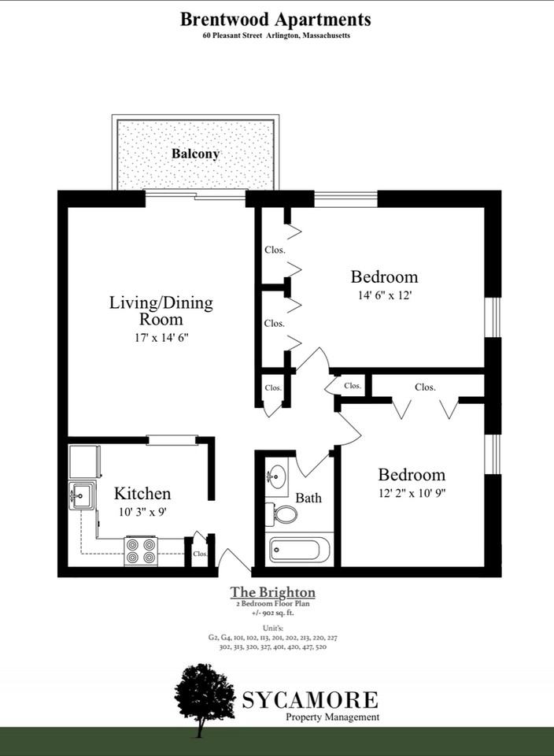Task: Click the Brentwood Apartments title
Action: point(275,18)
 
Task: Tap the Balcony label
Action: point(195,154)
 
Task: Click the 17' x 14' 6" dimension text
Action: point(161,337)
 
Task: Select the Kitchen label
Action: point(142,494)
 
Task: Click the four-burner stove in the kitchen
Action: point(141,550)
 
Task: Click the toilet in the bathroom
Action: point(284,515)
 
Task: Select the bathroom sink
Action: point(276,477)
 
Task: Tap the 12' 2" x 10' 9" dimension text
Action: point(411,493)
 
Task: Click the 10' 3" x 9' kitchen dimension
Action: point(142,511)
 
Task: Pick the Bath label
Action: point(308,498)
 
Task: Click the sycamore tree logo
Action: point(205,692)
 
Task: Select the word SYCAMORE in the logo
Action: point(310,699)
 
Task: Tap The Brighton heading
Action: point(272,592)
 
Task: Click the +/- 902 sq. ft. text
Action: point(272,612)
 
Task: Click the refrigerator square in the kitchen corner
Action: point(84,461)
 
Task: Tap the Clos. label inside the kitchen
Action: point(200,554)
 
